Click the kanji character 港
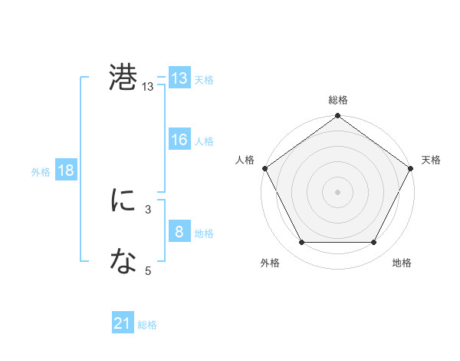(123, 78)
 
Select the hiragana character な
(123, 262)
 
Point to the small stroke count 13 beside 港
(148, 88)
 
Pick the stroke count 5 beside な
(148, 270)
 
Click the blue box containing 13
(179, 78)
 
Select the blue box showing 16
(179, 140)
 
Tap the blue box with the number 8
(179, 232)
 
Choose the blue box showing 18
(66, 171)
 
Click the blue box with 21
(123, 324)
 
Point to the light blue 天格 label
(204, 79)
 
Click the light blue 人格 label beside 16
(204, 141)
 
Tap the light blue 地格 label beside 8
(204, 233)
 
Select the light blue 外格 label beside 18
(41, 171)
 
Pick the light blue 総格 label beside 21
(147, 325)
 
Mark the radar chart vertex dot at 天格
(411, 167)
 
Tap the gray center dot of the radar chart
(337, 191)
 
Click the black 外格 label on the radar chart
(270, 263)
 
